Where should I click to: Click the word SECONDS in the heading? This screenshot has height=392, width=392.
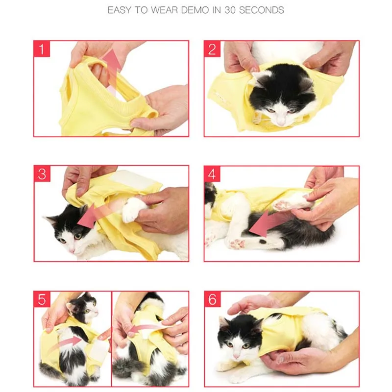[262, 10]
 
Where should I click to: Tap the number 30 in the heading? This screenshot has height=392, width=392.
[230, 10]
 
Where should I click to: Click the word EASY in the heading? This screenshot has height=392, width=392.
[119, 10]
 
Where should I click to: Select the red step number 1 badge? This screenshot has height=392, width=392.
[42, 49]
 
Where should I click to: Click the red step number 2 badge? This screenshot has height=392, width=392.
[212, 49]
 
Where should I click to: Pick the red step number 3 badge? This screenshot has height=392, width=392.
[42, 174]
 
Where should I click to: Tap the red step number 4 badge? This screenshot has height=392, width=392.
[212, 174]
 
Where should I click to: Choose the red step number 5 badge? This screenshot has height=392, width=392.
[42, 299]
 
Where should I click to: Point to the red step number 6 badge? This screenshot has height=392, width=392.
[212, 299]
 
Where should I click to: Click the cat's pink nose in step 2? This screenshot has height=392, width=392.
[281, 122]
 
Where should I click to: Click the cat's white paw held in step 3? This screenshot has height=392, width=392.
[134, 209]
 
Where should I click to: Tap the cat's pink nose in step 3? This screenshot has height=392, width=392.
[72, 250]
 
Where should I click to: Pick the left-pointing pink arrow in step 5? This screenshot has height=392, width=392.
[147, 328]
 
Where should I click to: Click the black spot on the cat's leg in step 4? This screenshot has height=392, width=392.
[262, 242]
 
